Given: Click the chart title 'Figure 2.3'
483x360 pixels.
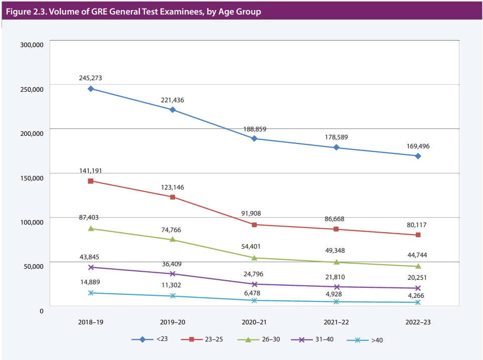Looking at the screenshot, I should click(133, 12).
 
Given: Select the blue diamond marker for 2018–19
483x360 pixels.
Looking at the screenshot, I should click(91, 89).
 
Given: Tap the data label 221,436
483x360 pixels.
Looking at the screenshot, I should click(173, 100).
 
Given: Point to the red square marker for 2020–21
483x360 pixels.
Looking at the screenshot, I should click(254, 225).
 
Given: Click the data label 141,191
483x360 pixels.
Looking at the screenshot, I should click(91, 171).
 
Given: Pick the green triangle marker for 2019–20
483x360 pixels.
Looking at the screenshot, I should click(173, 239).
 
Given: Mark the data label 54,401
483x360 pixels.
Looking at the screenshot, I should click(254, 247).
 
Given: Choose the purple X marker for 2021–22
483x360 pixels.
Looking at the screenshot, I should click(336, 287).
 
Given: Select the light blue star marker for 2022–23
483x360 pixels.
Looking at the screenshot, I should click(418, 302).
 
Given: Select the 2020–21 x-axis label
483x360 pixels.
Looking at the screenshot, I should click(254, 322).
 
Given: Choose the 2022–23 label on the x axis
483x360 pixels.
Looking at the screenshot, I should click(418, 322).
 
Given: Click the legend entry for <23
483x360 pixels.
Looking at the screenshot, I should click(150, 339).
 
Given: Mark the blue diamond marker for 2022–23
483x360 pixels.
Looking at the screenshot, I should click(418, 156).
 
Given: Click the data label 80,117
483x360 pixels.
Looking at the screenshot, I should click(418, 225).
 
